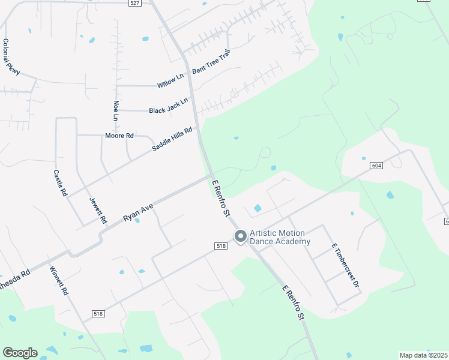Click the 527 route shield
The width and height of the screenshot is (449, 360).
(135, 3)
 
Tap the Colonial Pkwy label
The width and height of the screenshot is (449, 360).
(11, 57)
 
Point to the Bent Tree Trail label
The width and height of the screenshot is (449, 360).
(211, 62)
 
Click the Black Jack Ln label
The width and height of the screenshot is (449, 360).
(169, 108)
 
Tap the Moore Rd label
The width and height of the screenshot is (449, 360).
(119, 136)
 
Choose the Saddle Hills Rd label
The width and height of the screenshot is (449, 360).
(172, 139)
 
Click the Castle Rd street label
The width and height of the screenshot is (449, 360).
(58, 183)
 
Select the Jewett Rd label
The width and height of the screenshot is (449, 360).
(97, 209)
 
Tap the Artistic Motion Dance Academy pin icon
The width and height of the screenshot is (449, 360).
(240, 237)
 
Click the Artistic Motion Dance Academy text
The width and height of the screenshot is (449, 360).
(280, 237)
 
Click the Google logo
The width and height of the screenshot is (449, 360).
(20, 353)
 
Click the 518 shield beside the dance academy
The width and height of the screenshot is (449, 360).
(221, 246)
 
